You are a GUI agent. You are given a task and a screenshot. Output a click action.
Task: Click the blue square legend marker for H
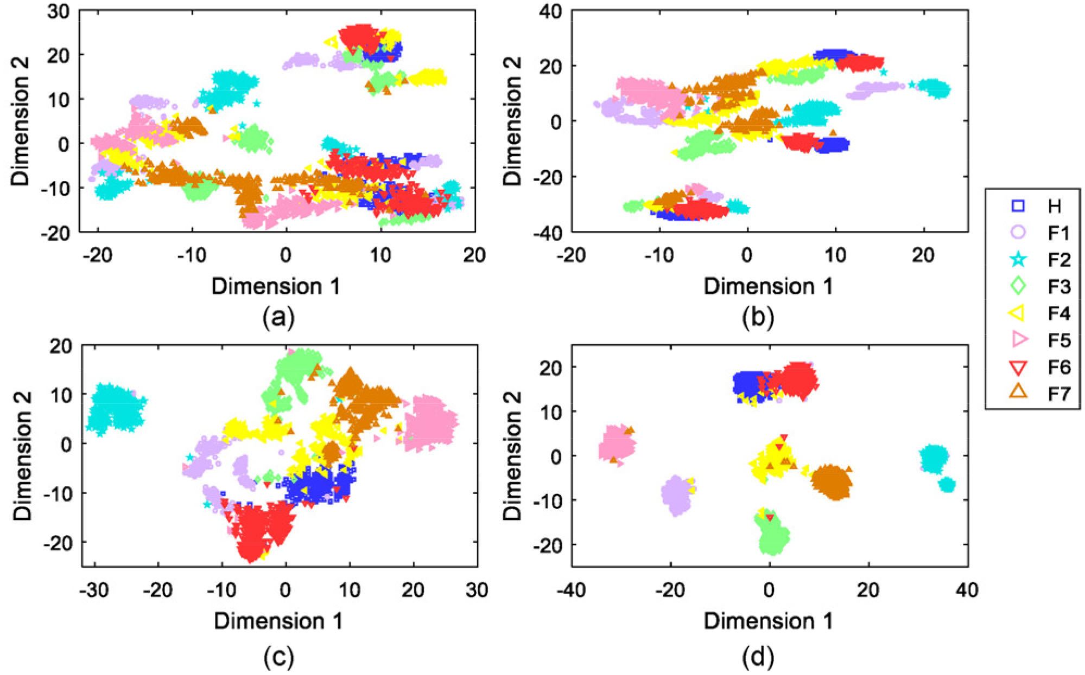(1018, 206)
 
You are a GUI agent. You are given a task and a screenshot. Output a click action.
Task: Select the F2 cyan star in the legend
(1018, 259)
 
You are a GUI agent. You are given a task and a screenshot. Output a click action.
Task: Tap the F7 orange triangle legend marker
(1018, 391)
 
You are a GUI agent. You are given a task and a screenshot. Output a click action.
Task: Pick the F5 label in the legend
(1059, 340)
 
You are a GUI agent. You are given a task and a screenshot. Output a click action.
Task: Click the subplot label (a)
(278, 318)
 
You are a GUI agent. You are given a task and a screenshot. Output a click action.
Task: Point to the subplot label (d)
(758, 658)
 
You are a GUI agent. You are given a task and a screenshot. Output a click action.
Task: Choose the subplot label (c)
(278, 658)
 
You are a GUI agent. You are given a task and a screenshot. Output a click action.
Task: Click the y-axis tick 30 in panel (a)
(59, 11)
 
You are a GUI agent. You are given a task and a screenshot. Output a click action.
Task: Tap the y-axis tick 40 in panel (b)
(551, 11)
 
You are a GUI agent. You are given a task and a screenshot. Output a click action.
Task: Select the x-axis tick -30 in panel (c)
(94, 590)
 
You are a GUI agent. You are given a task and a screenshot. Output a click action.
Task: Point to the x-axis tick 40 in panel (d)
(967, 590)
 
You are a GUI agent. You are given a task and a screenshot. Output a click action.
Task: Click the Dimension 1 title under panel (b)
(769, 286)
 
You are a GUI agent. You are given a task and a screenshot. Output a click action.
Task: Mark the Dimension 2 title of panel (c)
(23, 455)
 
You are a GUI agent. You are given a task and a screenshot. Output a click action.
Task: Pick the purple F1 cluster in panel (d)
(676, 495)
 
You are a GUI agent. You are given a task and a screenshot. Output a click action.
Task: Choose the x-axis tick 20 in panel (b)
(923, 255)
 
